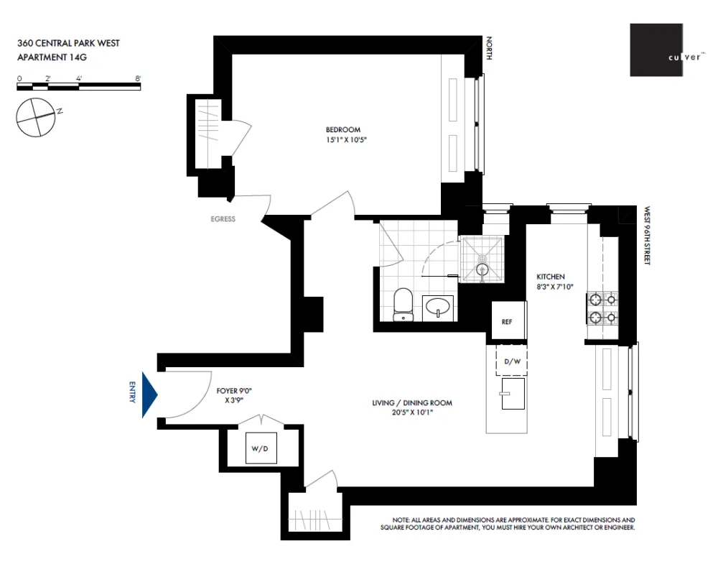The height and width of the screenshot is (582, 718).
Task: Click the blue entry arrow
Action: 149,394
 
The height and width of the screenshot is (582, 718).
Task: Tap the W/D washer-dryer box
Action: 261,448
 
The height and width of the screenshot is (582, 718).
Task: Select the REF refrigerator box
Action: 509,320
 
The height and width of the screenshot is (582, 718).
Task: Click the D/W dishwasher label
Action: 513,361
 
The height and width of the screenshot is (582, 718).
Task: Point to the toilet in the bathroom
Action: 403,305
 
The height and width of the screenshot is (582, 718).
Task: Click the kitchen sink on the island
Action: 513,394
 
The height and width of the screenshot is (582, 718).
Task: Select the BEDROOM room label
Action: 343,129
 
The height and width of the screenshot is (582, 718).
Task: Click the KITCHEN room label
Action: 551,277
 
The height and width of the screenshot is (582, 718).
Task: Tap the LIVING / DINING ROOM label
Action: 412,403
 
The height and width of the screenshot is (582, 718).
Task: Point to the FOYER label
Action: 227,391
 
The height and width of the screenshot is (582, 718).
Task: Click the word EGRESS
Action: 223,219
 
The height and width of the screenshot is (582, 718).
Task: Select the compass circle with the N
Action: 36,117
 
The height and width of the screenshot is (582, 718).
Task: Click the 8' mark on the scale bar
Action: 139,78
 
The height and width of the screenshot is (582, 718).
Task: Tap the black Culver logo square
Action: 656,50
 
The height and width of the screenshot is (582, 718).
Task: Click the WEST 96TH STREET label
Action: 647,236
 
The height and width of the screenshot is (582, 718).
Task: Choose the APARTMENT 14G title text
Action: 52,57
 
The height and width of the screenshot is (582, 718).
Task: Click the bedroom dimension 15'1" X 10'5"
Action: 346,140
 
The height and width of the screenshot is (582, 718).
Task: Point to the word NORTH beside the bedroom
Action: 489,48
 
